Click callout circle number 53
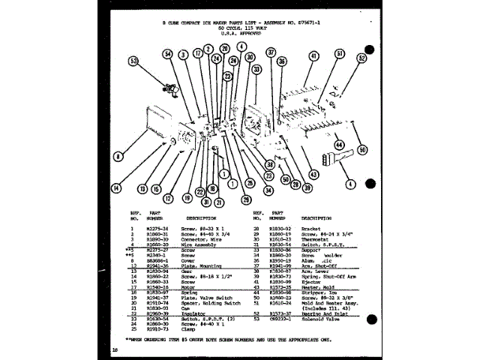tap(134, 61)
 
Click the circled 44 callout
tap(339, 144)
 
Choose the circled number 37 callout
tap(271, 53)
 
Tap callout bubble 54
tap(168, 53)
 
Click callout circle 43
tap(313, 175)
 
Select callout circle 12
tap(168, 197)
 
